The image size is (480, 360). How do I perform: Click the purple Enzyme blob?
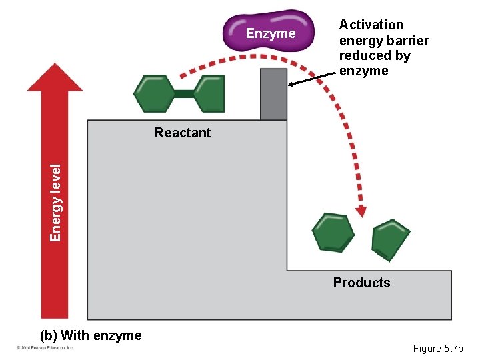point(270,31)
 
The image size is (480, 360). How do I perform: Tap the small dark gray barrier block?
point(273,94)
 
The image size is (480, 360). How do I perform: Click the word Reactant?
point(182,133)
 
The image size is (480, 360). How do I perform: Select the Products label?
point(361,283)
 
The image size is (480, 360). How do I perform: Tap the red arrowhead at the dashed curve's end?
point(361,211)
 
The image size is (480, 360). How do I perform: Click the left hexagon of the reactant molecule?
point(154,94)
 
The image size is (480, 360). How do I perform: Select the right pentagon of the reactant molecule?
point(209,94)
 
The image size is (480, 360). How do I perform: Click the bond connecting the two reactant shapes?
point(183,94)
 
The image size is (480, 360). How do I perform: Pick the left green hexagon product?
point(333,232)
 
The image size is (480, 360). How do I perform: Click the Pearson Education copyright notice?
point(45,348)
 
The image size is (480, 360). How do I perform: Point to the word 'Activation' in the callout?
point(371,25)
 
